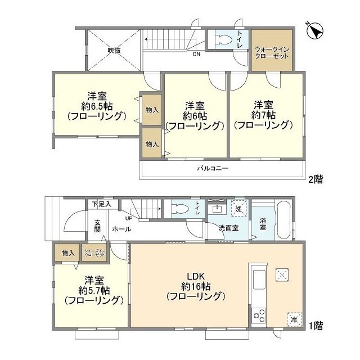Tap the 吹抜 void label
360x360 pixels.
pos(114,50)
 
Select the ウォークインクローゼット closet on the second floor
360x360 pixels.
pos(272,51)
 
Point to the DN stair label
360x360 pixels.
pos(196,55)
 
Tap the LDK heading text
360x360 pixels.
pos(195,275)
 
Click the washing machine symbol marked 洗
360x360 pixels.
pos(238,208)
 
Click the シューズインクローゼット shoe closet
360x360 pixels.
pos(94,253)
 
